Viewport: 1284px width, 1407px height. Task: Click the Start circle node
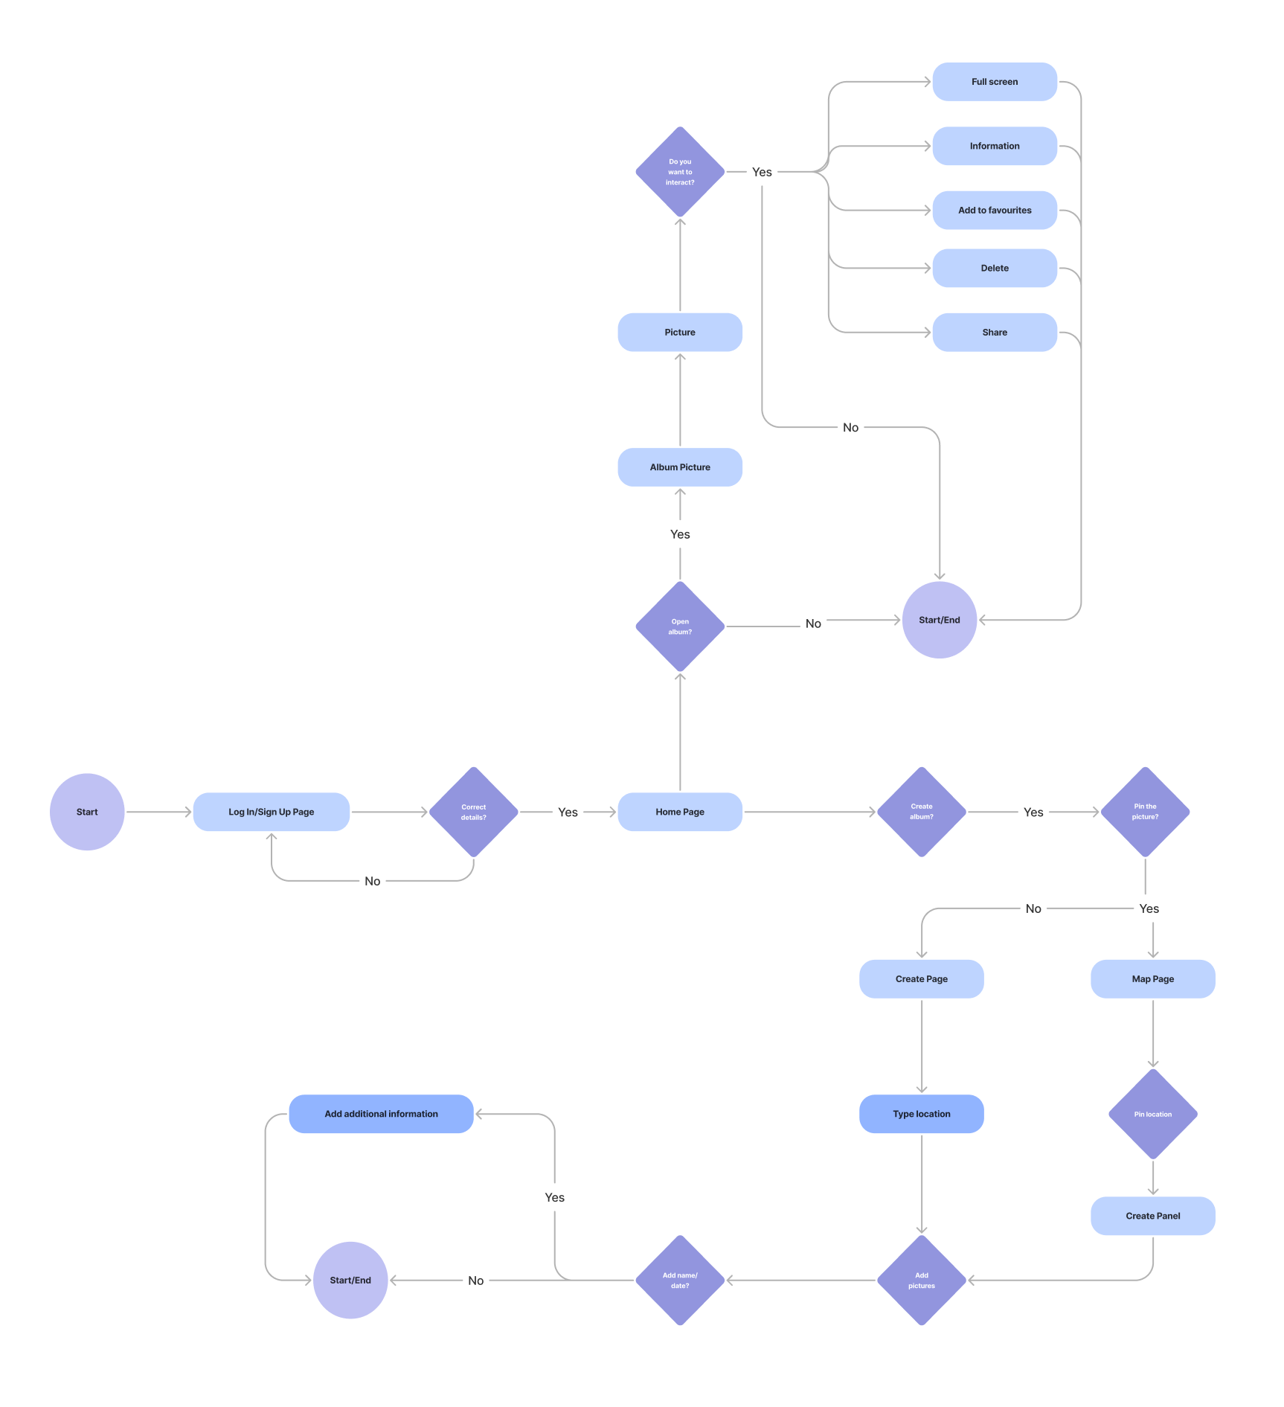(87, 812)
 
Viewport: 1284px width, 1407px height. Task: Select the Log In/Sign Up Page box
(272, 812)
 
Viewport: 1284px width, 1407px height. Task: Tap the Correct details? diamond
(474, 812)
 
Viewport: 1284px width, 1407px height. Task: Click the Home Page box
(680, 812)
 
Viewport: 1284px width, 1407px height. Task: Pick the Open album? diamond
(680, 626)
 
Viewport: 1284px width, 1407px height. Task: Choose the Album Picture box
(680, 467)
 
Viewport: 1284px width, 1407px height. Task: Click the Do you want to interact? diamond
(680, 172)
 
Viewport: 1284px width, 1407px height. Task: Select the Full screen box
(995, 82)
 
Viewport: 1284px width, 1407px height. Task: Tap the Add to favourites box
(995, 211)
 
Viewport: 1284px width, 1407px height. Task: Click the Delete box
(995, 268)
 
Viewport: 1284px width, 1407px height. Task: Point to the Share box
(995, 333)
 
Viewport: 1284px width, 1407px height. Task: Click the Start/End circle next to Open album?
(940, 620)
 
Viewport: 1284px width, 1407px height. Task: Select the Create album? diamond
(922, 812)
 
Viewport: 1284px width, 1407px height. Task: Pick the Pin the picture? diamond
(1145, 812)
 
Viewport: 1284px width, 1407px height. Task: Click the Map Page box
(1153, 979)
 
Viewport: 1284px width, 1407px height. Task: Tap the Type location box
(922, 1114)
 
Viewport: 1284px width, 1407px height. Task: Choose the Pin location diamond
(1153, 1114)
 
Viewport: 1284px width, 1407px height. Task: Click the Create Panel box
(1153, 1216)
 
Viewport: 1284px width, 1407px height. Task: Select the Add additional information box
(381, 1114)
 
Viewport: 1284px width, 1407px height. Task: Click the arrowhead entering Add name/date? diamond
(730, 1281)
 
